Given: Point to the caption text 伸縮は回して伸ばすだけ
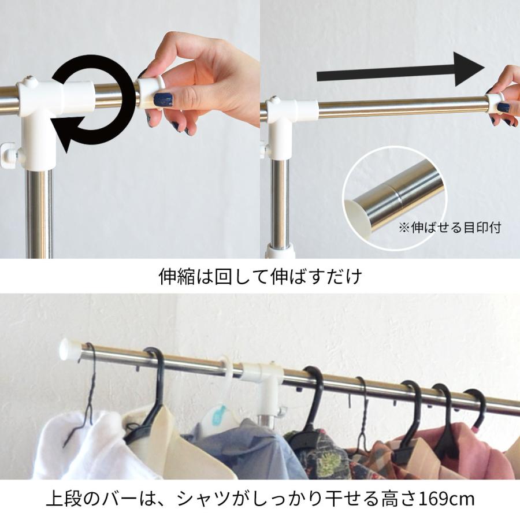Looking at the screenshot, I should coord(260,277).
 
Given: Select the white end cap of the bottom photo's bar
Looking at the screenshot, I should coord(70,349).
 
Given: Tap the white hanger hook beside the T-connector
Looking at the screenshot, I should coord(228,381).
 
